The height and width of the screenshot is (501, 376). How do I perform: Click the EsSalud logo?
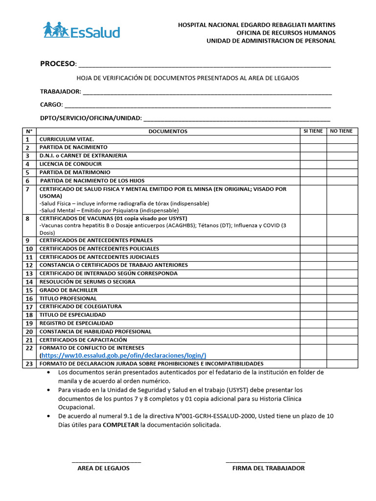81,31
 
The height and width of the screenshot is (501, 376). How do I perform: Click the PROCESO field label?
58,64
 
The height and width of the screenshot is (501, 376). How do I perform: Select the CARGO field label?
51,105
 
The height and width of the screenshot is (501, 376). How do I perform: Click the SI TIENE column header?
313,131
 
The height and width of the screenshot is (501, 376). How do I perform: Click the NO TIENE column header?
342,131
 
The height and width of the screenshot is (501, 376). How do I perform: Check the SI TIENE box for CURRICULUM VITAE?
313,139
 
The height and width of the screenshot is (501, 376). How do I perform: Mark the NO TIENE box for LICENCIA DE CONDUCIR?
342,164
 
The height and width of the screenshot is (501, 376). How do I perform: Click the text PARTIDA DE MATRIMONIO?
75,173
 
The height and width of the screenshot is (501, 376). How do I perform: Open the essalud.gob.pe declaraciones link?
123,356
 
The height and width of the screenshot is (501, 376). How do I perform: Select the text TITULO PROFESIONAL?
68,298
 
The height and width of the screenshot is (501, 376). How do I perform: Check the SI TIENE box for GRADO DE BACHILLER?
313,291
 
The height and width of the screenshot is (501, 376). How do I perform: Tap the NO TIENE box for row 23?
342,364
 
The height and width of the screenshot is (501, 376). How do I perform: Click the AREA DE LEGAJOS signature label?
103,468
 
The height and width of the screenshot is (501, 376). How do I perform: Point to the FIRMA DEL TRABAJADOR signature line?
265,462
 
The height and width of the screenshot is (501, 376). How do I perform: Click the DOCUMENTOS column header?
168,131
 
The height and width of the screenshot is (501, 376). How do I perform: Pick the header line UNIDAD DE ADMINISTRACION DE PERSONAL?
271,41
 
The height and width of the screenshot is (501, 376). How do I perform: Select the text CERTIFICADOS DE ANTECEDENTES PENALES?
96,241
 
